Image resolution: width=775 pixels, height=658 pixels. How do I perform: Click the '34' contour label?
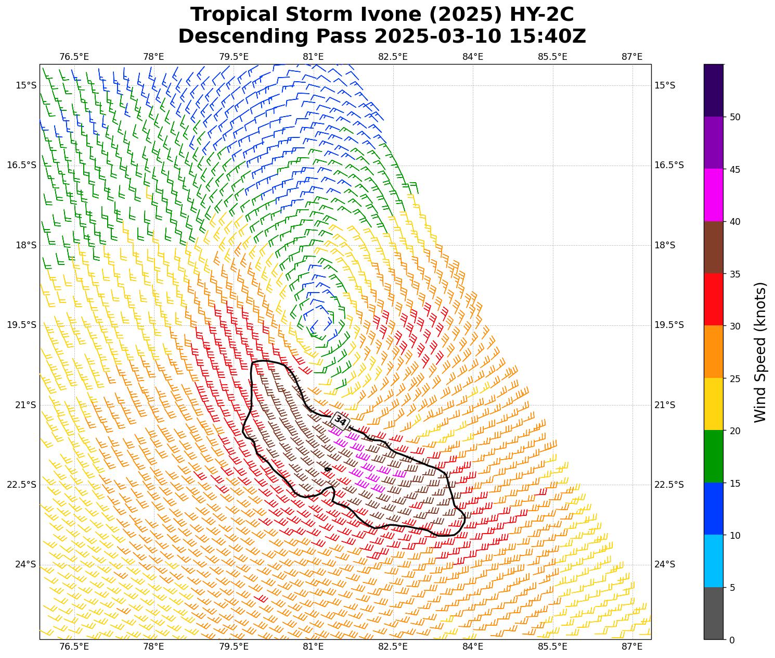pyautogui.click(x=340, y=420)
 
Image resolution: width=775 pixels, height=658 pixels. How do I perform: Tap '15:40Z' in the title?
pyautogui.click(x=547, y=36)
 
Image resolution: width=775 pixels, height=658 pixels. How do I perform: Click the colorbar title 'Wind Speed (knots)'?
pyautogui.click(x=760, y=352)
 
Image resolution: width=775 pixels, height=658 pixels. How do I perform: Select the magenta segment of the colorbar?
pyautogui.click(x=713, y=195)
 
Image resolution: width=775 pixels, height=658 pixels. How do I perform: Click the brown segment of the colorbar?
pyautogui.click(x=713, y=247)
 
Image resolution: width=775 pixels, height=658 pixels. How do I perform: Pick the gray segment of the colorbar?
pyautogui.click(x=713, y=613)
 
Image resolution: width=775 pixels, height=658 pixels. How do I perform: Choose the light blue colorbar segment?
pyautogui.click(x=713, y=561)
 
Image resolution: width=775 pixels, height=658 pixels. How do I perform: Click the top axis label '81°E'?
pyautogui.click(x=313, y=57)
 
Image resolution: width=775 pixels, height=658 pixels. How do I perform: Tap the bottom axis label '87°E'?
pyautogui.click(x=632, y=647)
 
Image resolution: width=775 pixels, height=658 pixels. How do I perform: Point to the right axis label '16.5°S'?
pyautogui.click(x=669, y=165)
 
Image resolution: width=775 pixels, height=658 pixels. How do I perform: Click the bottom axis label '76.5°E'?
pyautogui.click(x=74, y=647)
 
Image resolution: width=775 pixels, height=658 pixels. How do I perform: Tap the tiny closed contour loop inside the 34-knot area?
pyautogui.click(x=328, y=469)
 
